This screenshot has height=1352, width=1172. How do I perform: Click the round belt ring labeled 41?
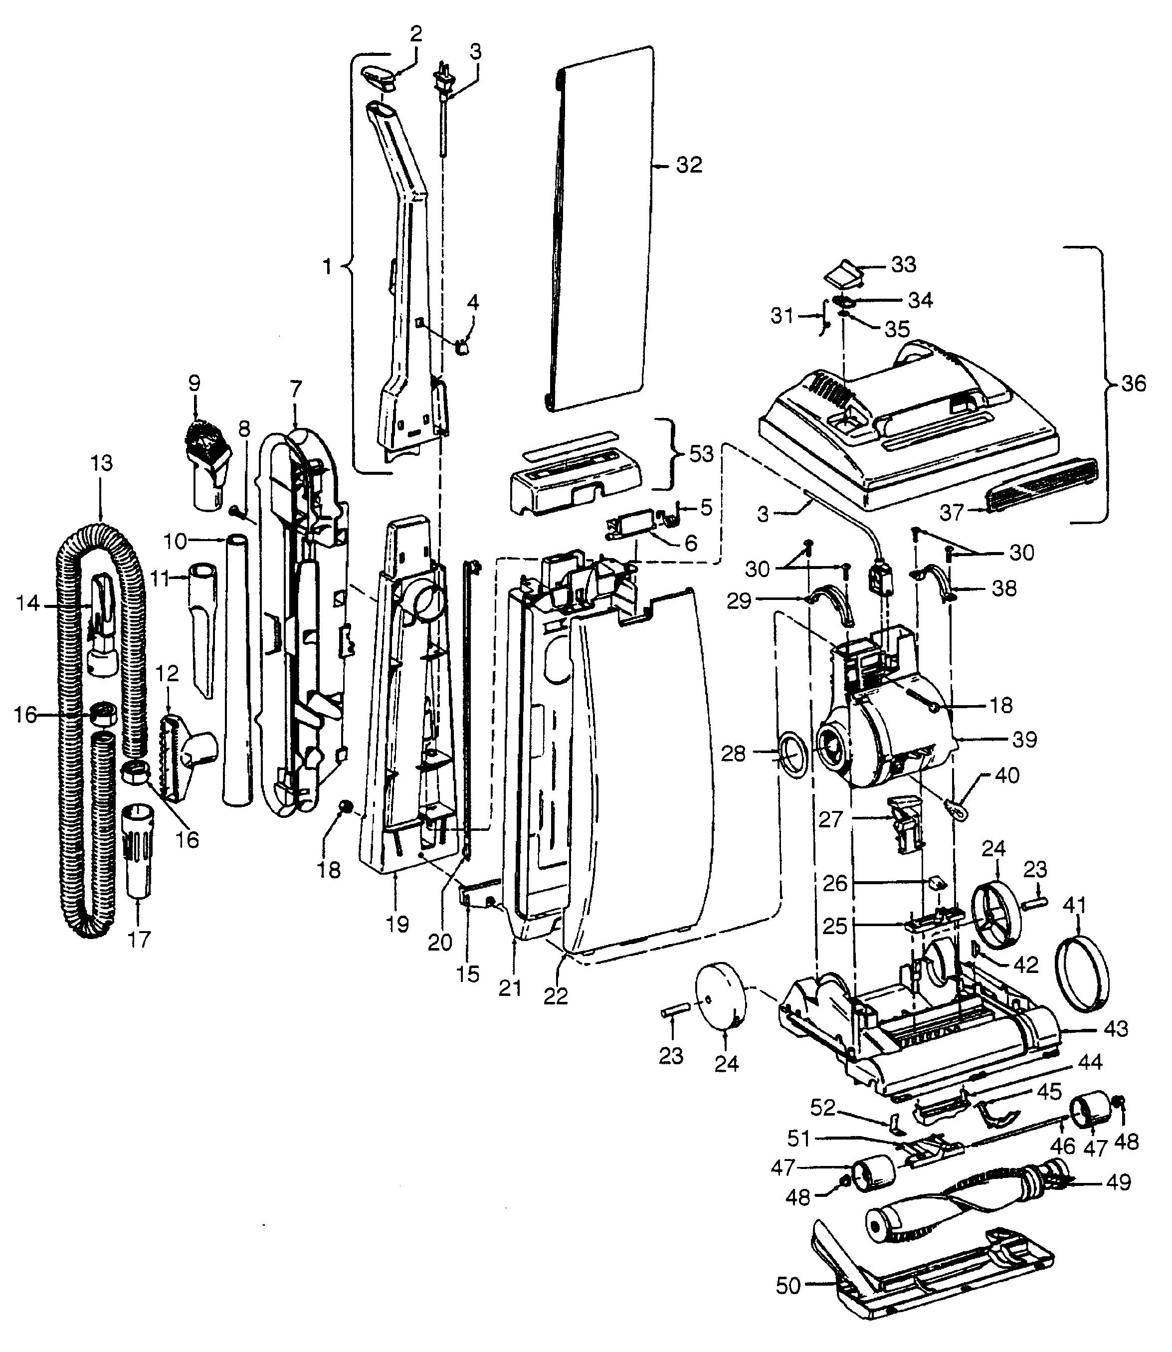pyautogui.click(x=1084, y=968)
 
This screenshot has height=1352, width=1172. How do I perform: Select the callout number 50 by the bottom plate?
pyautogui.click(x=788, y=1286)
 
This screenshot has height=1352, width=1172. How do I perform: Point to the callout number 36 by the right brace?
pyautogui.click(x=1134, y=384)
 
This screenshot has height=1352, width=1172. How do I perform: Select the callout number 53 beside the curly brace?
pyautogui.click(x=701, y=453)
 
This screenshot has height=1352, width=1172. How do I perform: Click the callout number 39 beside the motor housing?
pyautogui.click(x=1024, y=740)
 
